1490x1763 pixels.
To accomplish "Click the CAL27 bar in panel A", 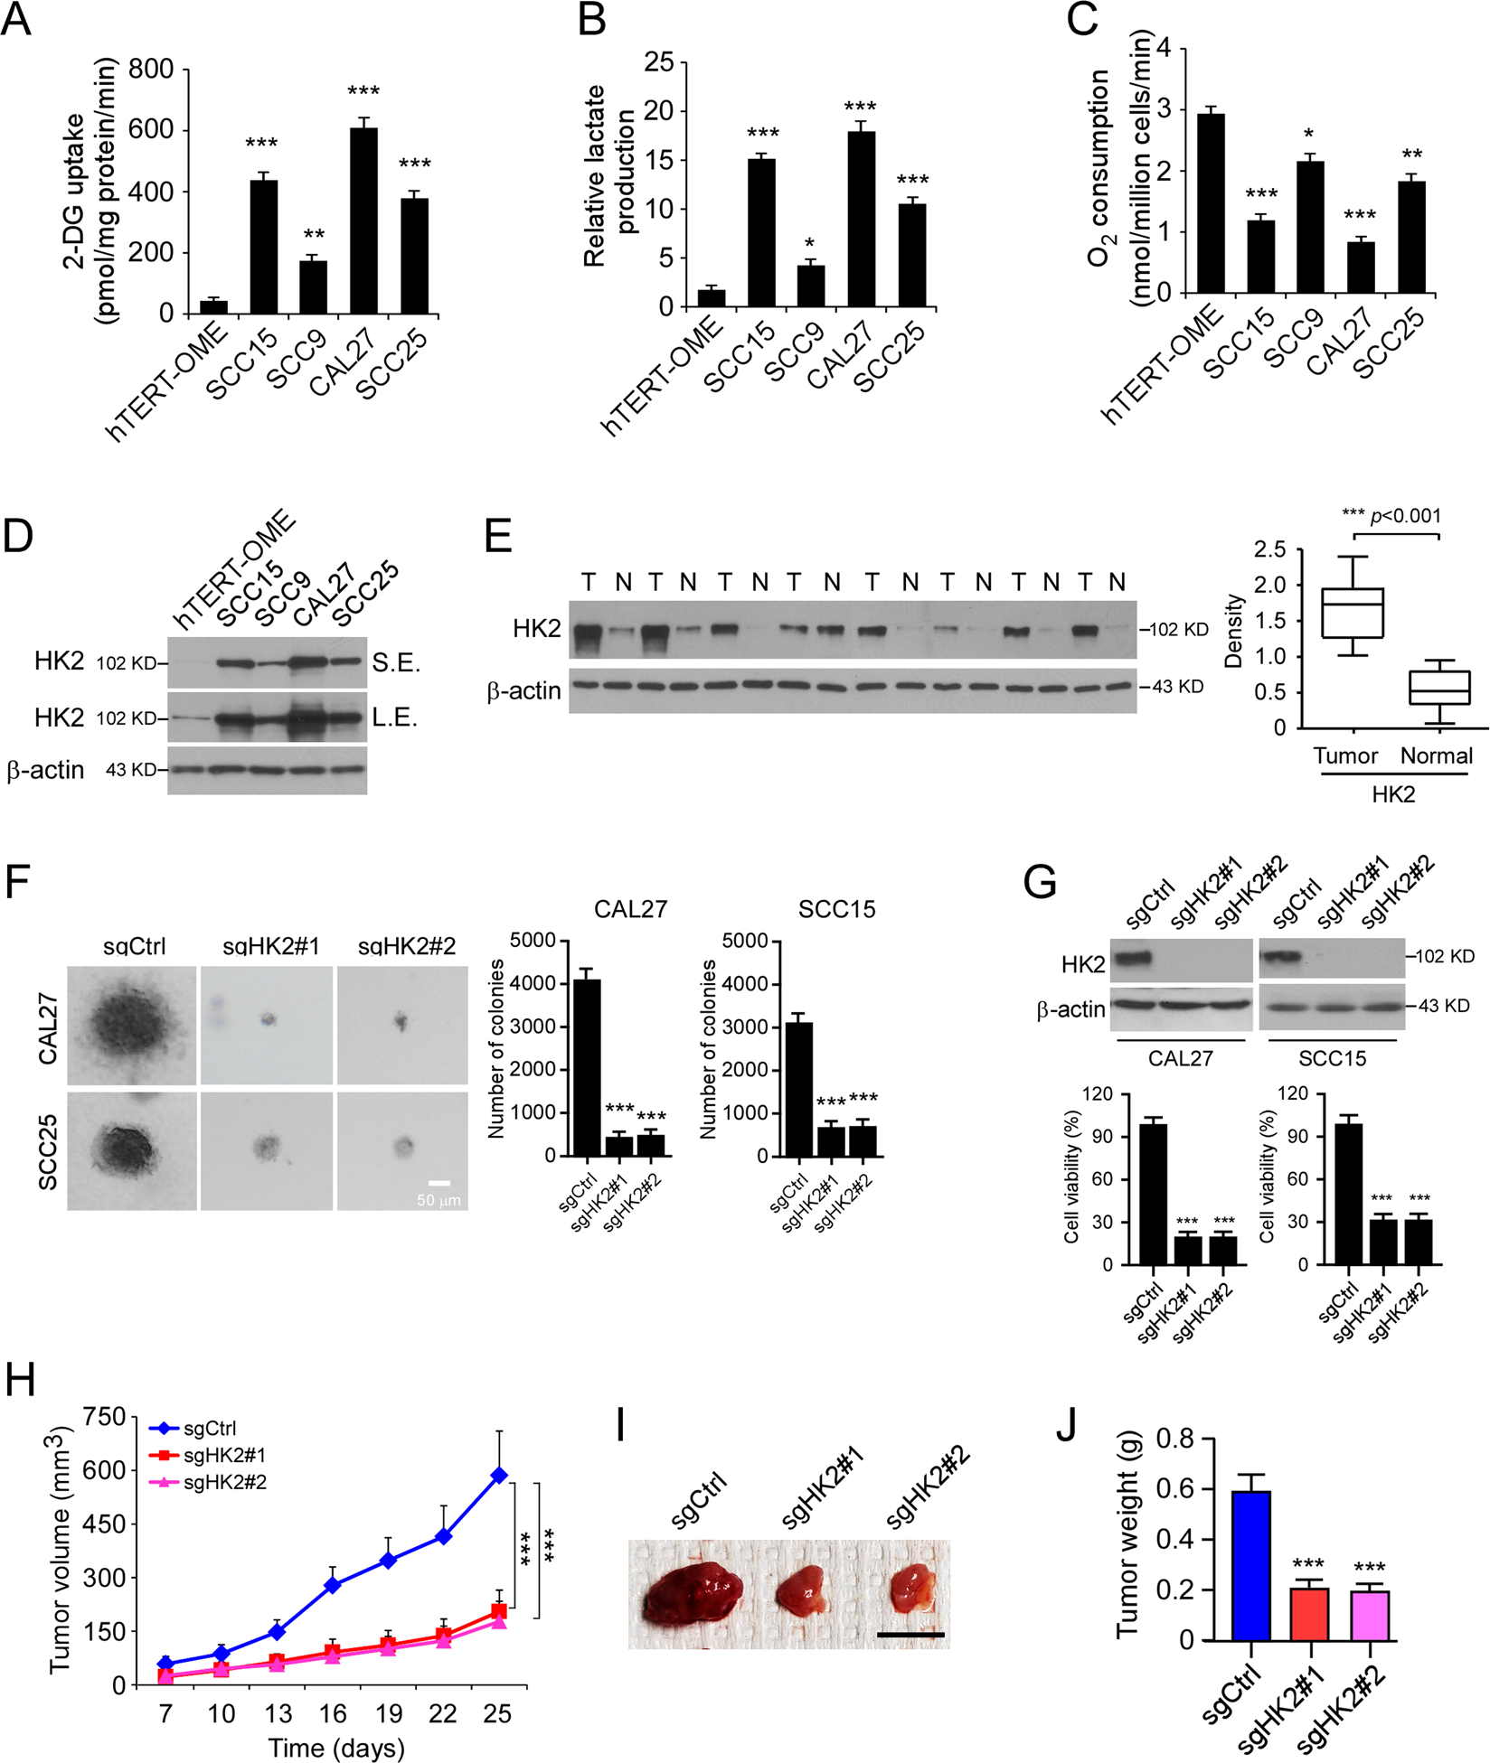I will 364,221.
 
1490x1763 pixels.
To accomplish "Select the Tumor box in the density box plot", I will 1353,613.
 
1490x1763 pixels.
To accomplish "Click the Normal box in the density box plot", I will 1439,687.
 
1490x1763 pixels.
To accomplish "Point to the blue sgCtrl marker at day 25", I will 498,1476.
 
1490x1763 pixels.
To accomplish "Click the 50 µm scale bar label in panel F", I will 439,1201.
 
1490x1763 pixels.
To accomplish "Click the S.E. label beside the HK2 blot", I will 396,663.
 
